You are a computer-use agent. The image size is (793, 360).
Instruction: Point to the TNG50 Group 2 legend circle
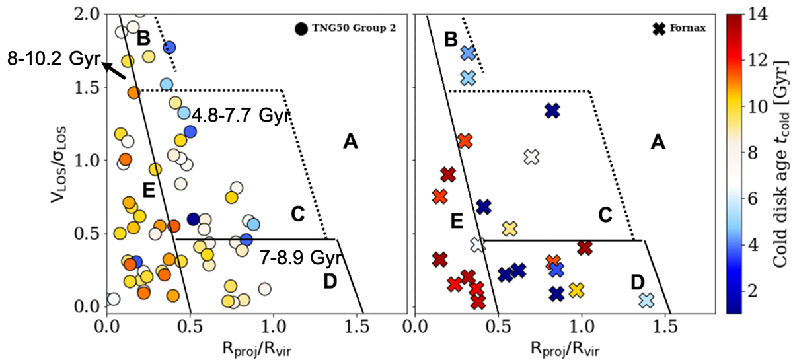(301, 28)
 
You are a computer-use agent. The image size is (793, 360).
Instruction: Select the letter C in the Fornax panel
(605, 214)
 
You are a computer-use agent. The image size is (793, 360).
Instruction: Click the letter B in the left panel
(143, 38)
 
